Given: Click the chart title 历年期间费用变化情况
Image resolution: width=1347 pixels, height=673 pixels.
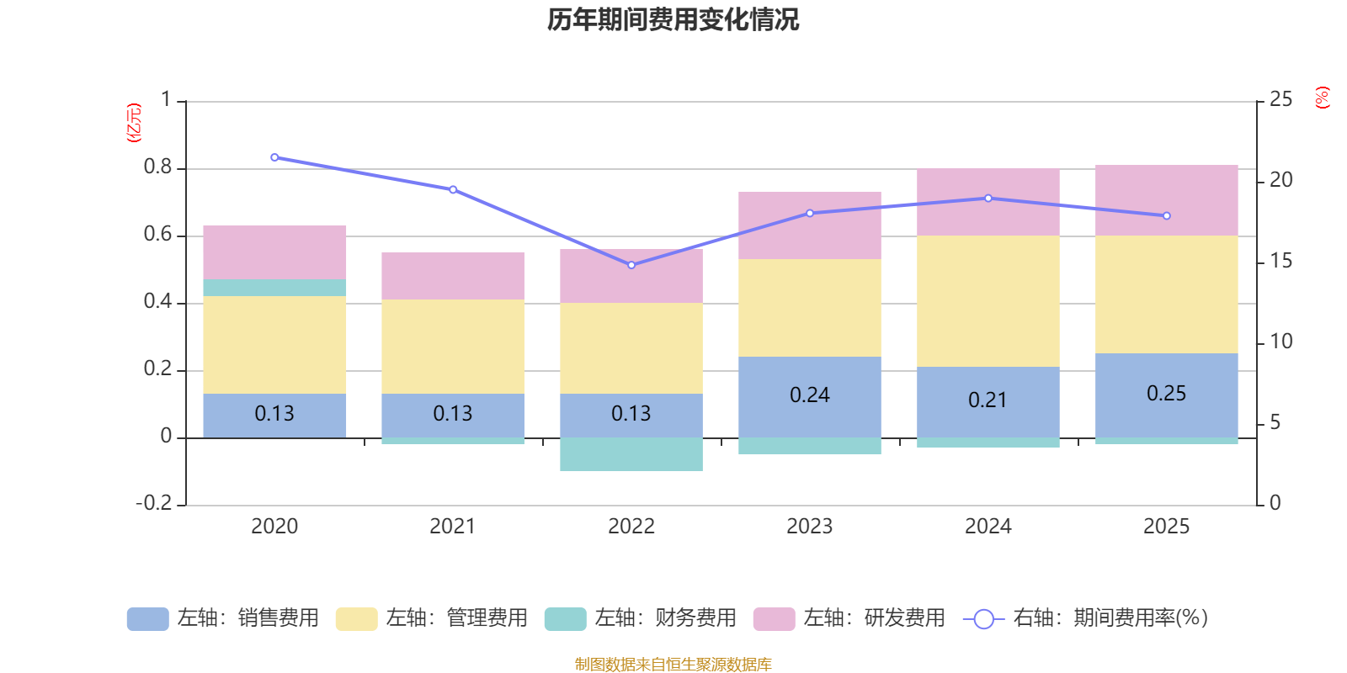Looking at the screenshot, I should tap(673, 19).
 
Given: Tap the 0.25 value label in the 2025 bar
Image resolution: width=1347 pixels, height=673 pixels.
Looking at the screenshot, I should tap(1166, 394).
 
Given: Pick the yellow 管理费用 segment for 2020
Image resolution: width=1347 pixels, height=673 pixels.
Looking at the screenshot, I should tap(274, 344).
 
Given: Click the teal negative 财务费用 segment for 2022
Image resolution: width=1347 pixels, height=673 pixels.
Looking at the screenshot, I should tap(631, 454).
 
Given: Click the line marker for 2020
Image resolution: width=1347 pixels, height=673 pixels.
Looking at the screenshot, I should tap(274, 157).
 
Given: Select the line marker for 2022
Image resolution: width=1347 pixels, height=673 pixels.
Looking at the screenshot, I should tap(631, 265).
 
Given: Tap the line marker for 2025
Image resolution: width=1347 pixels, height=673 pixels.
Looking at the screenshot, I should tap(1166, 216).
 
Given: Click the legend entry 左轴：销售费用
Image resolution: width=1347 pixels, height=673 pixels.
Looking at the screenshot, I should tap(223, 618).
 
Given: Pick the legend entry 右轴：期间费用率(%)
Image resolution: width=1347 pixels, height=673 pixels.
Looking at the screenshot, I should tap(1086, 618).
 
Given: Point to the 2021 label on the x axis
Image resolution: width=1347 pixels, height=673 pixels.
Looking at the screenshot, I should tap(452, 527).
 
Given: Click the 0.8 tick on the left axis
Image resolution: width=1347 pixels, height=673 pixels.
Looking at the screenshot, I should tap(157, 167).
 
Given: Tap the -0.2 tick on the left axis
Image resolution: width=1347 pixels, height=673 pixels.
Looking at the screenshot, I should tap(153, 503).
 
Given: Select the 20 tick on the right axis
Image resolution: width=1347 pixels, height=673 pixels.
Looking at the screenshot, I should tap(1280, 180).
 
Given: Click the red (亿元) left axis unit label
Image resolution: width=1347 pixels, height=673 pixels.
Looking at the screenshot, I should tap(134, 123).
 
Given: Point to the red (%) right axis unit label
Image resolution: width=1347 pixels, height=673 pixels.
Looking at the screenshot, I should tap(1323, 98).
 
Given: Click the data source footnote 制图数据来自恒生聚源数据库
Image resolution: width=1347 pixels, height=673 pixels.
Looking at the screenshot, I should tap(673, 665).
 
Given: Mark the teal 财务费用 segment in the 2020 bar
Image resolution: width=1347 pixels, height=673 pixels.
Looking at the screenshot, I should tap(274, 288).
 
